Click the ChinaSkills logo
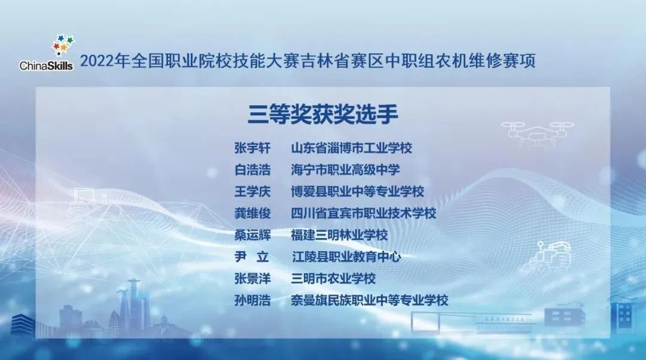click(x=46, y=53)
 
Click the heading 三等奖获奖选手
click(x=322, y=114)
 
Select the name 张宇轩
click(x=252, y=148)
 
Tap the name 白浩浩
click(x=252, y=170)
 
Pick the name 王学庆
click(x=252, y=191)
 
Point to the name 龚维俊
click(x=252, y=213)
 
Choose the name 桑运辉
click(x=252, y=235)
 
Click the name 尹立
click(x=252, y=257)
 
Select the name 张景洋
click(x=252, y=279)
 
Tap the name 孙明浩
click(x=252, y=301)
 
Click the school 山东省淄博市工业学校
click(x=352, y=148)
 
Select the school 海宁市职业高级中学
click(x=345, y=170)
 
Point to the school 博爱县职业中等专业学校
click(x=358, y=191)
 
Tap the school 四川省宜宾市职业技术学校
click(x=364, y=213)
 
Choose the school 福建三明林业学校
click(x=340, y=235)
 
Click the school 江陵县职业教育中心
click(x=346, y=257)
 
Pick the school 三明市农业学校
click(x=333, y=279)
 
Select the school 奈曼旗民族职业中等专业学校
click(x=370, y=301)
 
